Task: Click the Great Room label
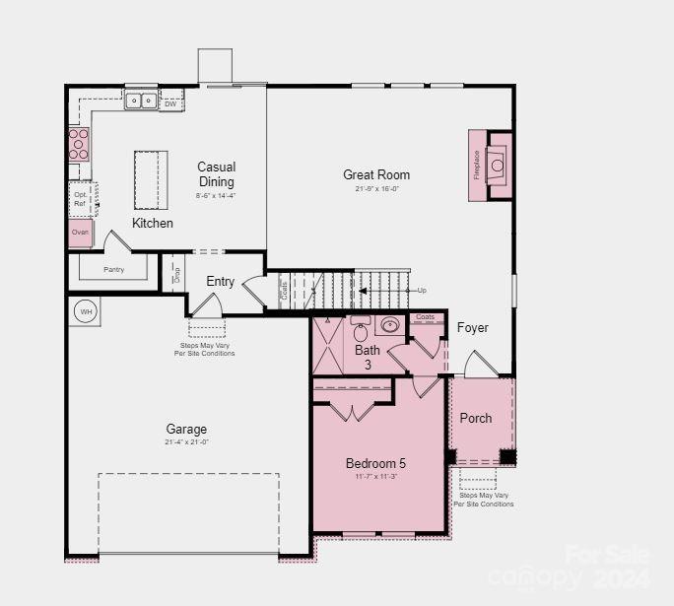click(x=376, y=174)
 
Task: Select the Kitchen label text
click(x=153, y=223)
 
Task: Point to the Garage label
click(x=186, y=429)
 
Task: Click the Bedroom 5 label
click(x=375, y=463)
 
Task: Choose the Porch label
click(x=476, y=418)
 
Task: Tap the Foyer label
click(x=472, y=327)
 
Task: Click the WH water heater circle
click(x=86, y=311)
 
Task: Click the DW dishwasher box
click(x=170, y=103)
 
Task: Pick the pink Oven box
click(x=81, y=233)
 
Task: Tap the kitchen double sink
click(x=140, y=100)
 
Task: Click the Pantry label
click(x=114, y=268)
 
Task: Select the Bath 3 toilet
click(x=361, y=331)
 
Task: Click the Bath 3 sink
click(x=389, y=325)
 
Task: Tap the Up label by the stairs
click(x=422, y=290)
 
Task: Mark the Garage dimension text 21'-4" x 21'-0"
click(x=186, y=441)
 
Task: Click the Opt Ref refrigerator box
click(x=81, y=199)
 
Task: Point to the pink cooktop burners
click(x=78, y=144)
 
